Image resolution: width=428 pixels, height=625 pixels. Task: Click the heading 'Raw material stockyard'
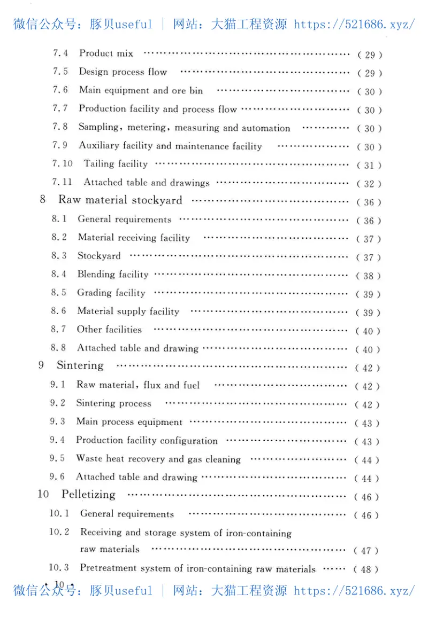(120, 200)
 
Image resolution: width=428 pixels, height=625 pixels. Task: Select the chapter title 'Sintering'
(80, 365)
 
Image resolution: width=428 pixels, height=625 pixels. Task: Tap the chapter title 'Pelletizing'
(88, 494)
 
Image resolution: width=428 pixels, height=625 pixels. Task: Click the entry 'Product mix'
(106, 53)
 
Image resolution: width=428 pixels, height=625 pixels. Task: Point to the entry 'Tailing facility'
(115, 164)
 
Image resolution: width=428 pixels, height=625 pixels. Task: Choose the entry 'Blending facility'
(112, 275)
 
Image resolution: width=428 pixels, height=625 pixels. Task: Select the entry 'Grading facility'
(111, 293)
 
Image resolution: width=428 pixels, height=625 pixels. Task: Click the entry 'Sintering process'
(113, 403)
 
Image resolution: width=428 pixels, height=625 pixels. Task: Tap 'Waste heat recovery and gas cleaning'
(158, 459)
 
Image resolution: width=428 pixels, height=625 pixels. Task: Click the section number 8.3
(59, 256)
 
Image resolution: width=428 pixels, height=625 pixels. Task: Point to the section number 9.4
(57, 440)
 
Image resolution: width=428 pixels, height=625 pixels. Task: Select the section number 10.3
(59, 568)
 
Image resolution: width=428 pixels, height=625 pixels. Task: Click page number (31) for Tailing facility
(369, 166)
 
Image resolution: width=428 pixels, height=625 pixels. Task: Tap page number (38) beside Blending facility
(369, 276)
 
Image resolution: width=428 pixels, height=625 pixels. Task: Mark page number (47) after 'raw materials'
(366, 551)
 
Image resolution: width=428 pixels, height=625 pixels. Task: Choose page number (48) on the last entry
(366, 569)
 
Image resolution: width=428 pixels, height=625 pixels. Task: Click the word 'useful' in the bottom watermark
(133, 591)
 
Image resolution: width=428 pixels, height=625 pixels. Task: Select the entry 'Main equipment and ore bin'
(141, 90)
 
